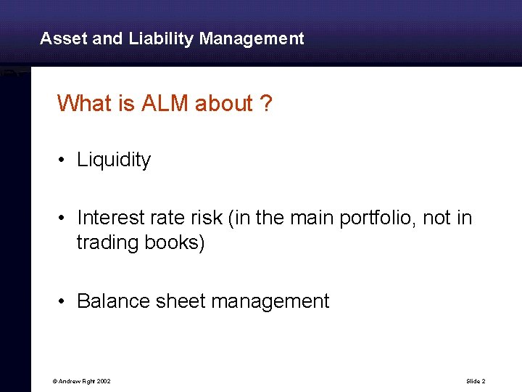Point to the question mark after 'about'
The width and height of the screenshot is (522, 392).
point(266,104)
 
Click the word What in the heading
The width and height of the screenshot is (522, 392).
point(80,104)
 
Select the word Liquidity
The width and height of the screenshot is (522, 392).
point(114,160)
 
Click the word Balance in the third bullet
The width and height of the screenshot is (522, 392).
point(114,301)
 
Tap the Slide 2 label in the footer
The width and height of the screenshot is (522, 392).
point(476,381)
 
